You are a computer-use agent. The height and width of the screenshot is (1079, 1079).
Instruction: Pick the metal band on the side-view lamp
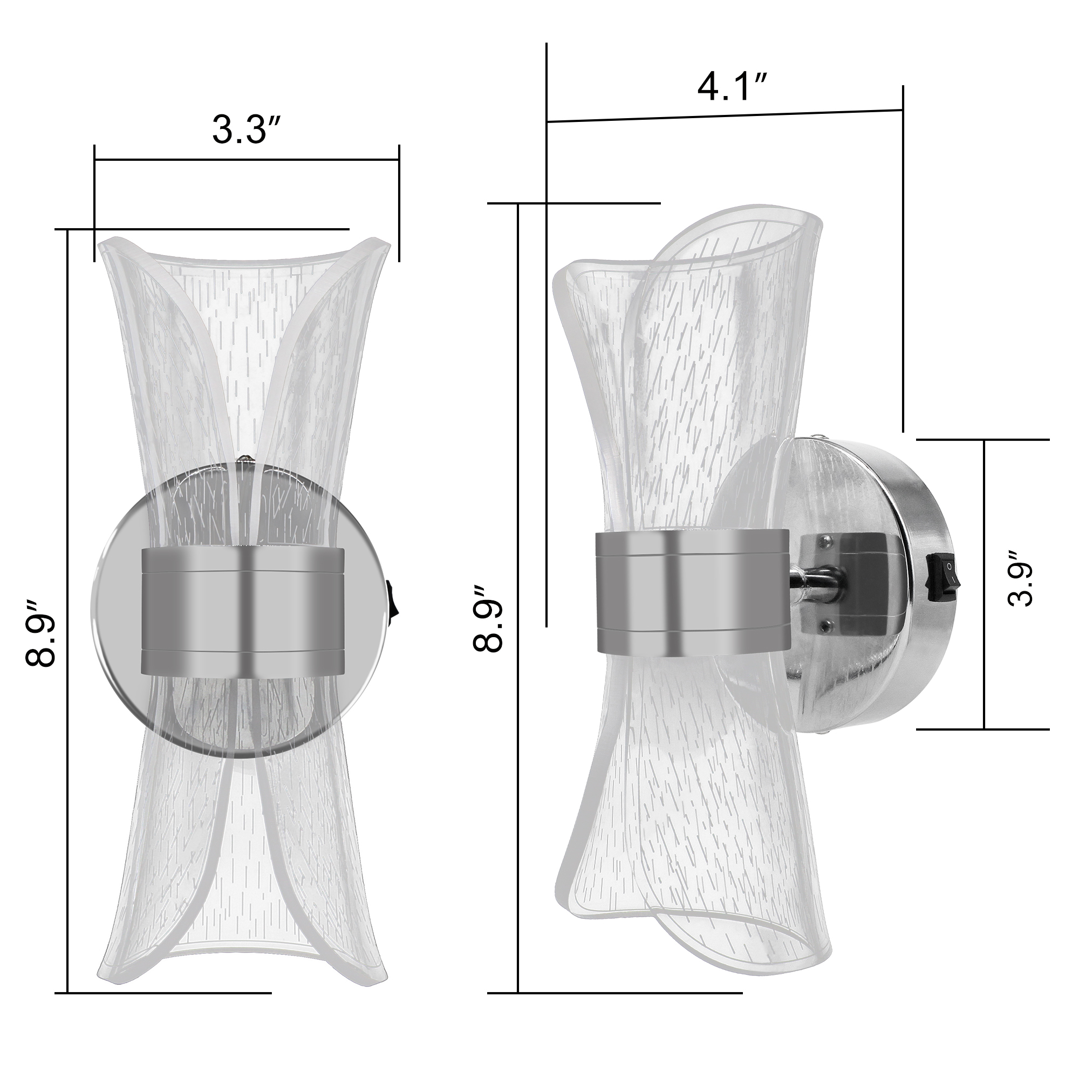click(x=693, y=592)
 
